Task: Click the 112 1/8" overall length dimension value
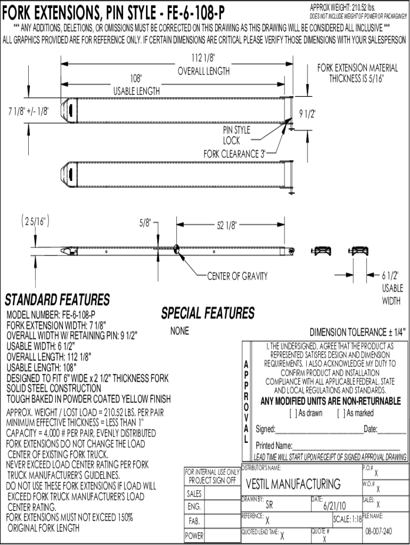point(203,57)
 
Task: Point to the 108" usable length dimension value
point(136,78)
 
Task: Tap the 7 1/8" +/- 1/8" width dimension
point(29,112)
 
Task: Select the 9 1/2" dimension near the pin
point(307,113)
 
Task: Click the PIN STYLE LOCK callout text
point(236,135)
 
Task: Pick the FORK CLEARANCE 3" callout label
point(235,154)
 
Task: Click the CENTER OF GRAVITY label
point(237,276)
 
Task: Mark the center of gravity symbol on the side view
point(176,249)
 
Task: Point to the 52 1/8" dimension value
point(226,225)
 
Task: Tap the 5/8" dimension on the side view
point(145,222)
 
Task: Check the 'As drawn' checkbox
point(293,413)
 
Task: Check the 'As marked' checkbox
point(341,413)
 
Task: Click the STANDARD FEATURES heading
point(58,300)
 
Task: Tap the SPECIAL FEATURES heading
point(208,313)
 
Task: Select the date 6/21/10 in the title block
point(334,506)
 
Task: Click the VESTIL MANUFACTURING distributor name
point(293,484)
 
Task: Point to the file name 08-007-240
point(379,531)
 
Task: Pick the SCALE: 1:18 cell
point(347,519)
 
